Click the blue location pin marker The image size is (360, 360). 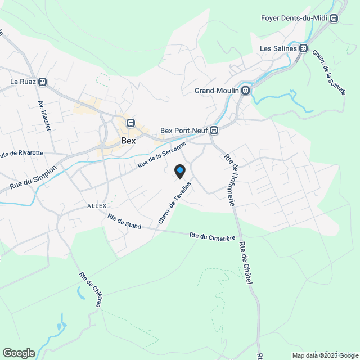(180, 171)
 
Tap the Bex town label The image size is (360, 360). (128, 141)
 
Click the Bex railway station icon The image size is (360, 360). (130, 123)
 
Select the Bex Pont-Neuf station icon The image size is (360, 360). (214, 130)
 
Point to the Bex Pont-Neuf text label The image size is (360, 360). (184, 130)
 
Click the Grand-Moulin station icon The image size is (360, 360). (245, 91)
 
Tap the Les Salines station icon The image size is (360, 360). (304, 48)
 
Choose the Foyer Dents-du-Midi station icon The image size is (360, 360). (334, 18)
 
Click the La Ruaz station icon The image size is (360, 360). (43, 82)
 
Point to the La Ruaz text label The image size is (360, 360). (22, 82)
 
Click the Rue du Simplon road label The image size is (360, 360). (33, 177)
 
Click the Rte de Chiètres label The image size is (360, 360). (91, 290)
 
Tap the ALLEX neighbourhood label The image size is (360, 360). (97, 206)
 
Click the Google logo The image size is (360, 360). (18, 353)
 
